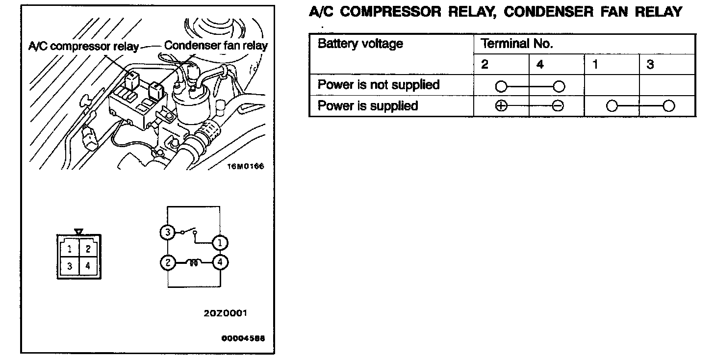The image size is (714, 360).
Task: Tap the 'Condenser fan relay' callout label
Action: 216,46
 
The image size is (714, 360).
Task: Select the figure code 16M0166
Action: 245,166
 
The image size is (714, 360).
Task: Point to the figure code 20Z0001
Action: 225,313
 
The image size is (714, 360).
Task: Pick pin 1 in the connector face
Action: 70,249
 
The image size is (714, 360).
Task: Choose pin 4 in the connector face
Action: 88,266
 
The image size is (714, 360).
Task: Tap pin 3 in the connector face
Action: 70,266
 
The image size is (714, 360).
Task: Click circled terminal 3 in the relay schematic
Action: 167,232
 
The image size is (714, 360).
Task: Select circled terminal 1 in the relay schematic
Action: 220,242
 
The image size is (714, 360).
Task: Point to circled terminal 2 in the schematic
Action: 167,263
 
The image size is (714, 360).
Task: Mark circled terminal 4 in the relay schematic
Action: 220,263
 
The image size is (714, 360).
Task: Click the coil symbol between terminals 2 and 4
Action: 194,263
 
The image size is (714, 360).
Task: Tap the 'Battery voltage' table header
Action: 360,44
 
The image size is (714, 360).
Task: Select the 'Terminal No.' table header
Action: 517,44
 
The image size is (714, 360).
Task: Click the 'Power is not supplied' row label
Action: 378,85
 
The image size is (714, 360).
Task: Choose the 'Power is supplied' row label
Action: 368,106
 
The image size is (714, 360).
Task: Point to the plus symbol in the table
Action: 500,106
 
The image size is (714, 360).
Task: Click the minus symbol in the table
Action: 557,106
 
